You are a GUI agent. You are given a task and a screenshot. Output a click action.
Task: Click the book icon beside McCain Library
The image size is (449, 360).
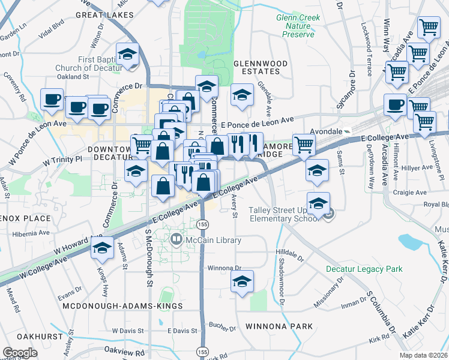176,241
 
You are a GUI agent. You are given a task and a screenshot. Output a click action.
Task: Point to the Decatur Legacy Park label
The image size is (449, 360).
364,269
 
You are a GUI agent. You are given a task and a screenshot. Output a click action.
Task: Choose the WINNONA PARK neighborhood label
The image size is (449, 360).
279,326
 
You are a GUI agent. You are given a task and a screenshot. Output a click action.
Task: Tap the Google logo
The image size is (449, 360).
20,353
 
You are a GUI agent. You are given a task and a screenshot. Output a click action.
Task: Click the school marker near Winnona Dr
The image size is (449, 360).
242,281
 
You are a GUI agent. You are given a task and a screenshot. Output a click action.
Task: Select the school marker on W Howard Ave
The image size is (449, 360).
103,247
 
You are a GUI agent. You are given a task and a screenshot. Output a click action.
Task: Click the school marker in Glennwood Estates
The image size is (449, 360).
242,95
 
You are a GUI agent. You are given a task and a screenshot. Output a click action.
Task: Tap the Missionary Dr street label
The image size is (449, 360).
328,295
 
